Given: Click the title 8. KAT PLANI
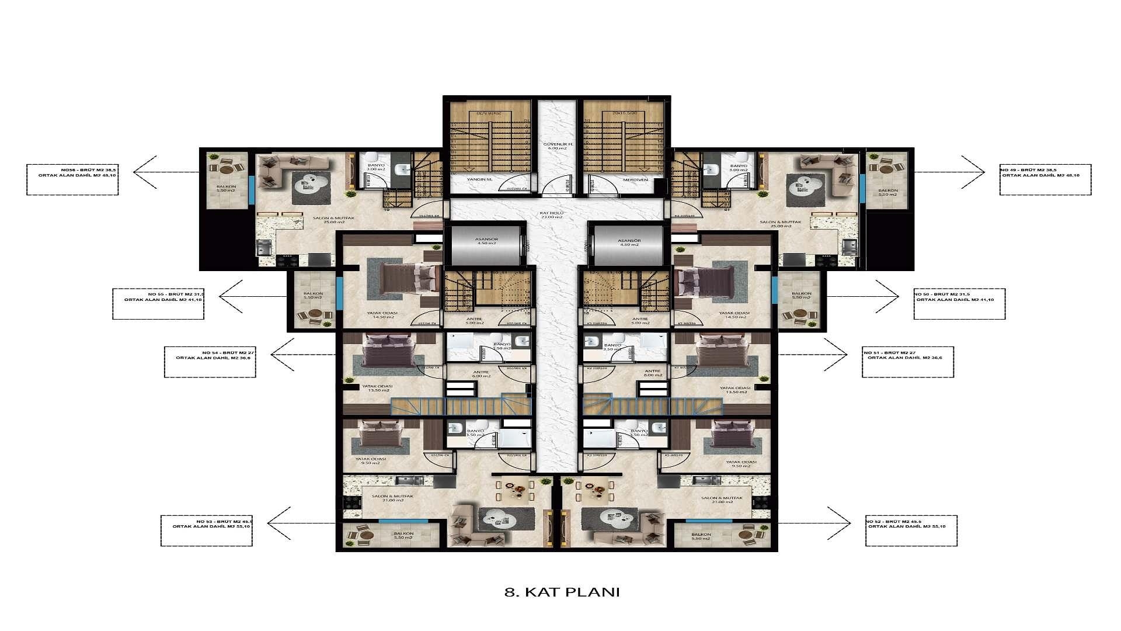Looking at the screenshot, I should pyautogui.click(x=561, y=592).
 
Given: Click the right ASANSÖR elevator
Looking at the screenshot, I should pyautogui.click(x=629, y=241).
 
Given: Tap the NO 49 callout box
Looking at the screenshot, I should pyautogui.click(x=1045, y=179).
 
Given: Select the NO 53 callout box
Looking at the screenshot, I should pyautogui.click(x=207, y=531).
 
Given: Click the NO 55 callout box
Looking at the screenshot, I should pyautogui.click(x=158, y=304).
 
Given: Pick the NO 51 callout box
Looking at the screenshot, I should pyautogui.click(x=907, y=362).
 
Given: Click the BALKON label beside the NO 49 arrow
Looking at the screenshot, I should pyautogui.click(x=889, y=192).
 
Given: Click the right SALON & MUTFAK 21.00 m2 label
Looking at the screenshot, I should pyautogui.click(x=722, y=500).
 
